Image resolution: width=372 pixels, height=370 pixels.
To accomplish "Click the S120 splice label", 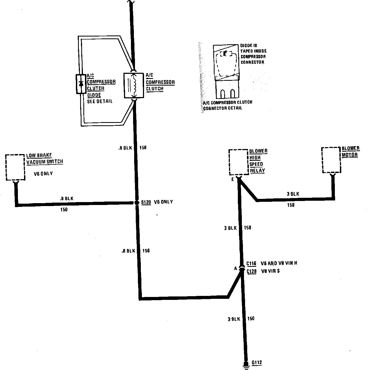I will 146,202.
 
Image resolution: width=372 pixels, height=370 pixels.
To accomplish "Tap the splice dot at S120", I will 137,203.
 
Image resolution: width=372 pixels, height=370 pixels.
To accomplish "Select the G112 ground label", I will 257,363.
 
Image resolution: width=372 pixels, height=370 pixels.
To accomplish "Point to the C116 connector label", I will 251,263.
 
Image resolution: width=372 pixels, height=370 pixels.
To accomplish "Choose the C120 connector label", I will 251,271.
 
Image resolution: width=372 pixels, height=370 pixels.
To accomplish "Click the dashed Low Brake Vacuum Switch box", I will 15,167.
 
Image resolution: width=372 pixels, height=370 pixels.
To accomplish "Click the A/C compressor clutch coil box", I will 134,85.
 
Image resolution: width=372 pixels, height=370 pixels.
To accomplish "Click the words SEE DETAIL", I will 100,101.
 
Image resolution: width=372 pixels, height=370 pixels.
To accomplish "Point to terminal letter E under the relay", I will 232,180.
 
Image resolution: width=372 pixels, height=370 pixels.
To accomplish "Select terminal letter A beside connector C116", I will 235,268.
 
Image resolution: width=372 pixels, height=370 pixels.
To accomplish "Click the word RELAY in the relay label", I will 257,171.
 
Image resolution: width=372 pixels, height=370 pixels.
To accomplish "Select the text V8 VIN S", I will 270,271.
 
